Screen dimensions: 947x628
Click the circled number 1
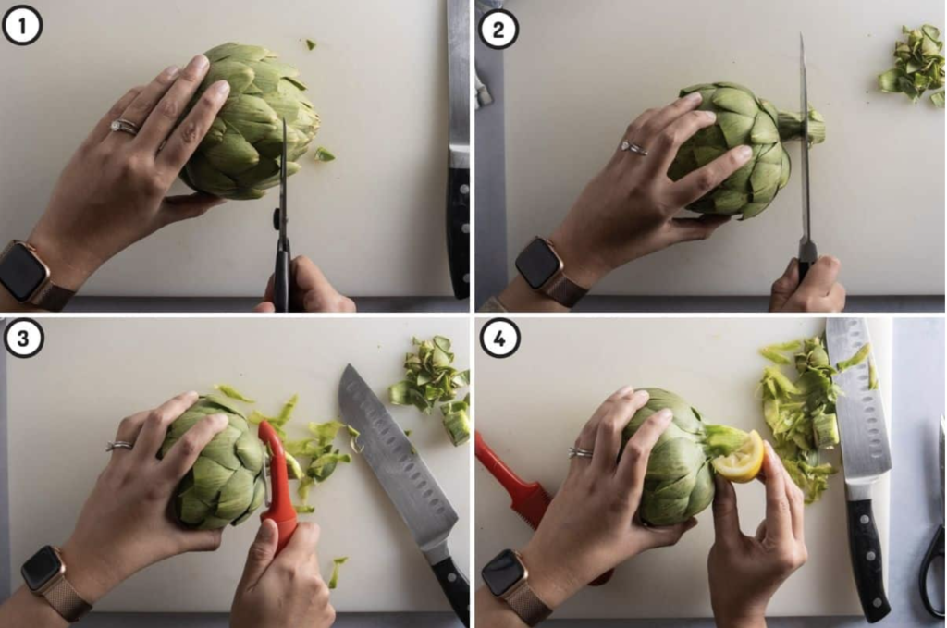22,26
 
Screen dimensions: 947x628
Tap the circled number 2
498,30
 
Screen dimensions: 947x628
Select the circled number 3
23,339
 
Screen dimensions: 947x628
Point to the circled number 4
499,339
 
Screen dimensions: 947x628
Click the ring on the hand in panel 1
124,127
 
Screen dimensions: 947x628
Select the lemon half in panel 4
741,457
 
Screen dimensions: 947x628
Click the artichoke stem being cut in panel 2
800,126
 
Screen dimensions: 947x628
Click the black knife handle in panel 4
867,556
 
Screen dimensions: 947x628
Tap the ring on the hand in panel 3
120,446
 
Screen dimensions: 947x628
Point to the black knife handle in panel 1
459,232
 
